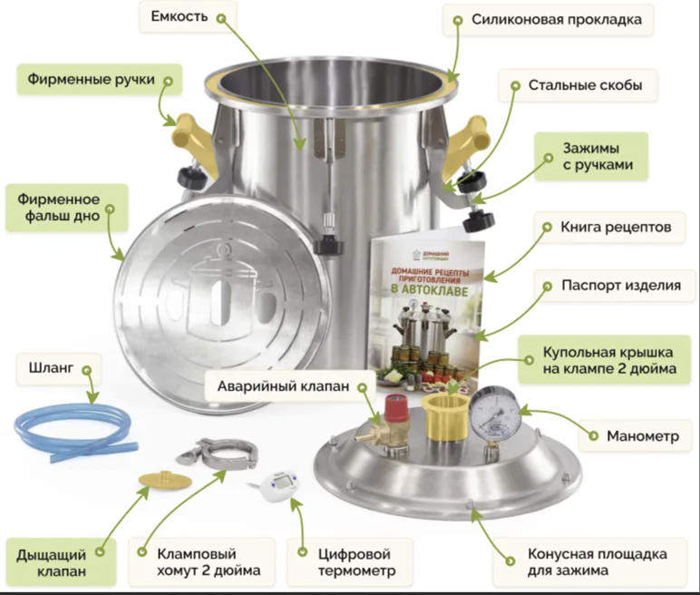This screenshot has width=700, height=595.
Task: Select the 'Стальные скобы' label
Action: click(x=585, y=86)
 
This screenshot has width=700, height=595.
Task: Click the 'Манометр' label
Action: click(x=642, y=436)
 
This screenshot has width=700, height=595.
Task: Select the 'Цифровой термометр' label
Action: click(x=348, y=562)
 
